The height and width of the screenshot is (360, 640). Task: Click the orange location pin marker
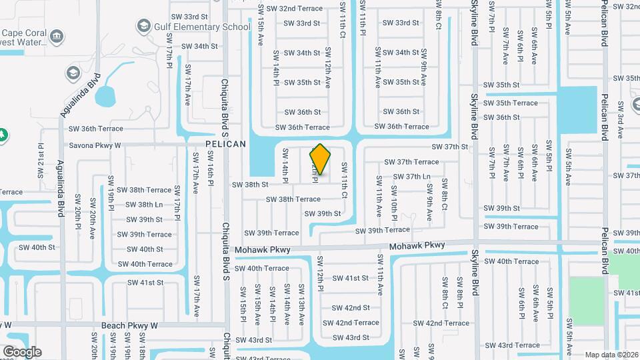320,159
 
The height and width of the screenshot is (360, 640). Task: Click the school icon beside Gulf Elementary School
142,27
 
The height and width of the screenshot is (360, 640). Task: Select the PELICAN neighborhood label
225,144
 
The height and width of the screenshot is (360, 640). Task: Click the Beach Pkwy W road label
129,325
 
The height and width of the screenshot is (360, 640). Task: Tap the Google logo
22,351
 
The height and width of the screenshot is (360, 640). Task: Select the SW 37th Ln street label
412,177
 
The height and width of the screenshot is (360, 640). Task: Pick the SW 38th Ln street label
145,205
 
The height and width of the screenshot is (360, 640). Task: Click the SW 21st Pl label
41,160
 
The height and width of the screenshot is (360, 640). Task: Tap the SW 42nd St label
351,307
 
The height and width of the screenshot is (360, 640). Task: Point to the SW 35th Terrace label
511,103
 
